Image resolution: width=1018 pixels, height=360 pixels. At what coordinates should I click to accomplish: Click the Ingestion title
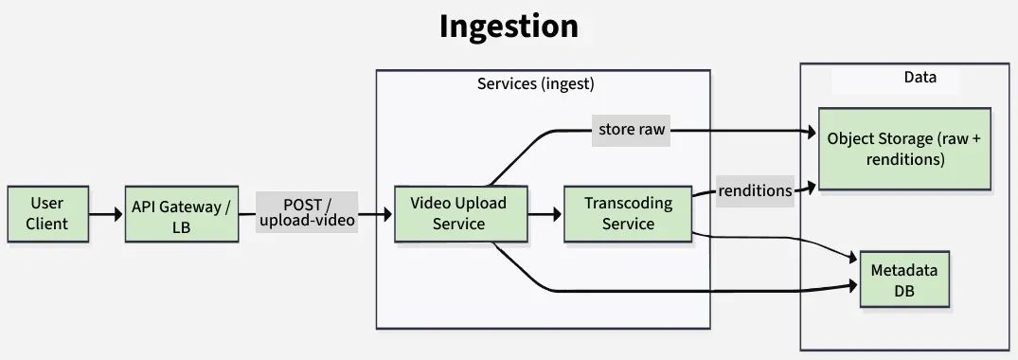509,27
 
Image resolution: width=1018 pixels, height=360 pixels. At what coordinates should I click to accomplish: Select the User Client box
47,213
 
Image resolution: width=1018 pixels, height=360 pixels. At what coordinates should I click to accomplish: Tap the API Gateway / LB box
180,215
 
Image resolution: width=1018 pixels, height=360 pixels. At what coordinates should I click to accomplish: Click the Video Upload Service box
458,213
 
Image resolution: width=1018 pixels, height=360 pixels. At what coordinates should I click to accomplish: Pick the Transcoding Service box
628,213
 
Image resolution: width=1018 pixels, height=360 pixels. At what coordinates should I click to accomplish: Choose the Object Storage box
904,149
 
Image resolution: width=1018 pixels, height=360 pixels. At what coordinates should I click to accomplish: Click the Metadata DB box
904,279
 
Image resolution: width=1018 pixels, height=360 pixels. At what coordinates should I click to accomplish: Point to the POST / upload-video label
306,212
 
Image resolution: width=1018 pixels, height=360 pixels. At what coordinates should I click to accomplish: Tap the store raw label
632,130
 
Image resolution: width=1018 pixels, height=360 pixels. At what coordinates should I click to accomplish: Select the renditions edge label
755,190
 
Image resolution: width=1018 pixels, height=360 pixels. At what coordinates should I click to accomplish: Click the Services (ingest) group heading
535,83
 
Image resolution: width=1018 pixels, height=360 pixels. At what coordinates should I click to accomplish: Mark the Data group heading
920,78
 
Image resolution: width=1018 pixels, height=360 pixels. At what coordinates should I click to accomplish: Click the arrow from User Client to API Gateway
106,214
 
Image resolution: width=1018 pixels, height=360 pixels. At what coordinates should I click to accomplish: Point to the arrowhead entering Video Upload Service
386,214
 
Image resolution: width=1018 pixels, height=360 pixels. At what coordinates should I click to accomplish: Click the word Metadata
904,269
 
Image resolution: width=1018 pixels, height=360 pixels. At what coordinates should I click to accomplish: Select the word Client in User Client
47,224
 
